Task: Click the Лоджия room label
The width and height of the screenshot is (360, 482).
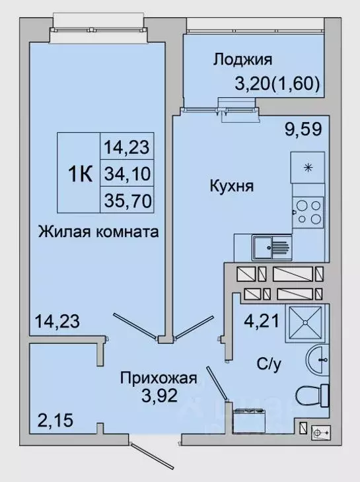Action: [x=242, y=60]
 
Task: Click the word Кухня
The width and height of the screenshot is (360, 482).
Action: [x=229, y=186]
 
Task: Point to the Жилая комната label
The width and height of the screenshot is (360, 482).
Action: [x=98, y=232]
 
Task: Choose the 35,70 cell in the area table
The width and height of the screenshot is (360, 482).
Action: [x=126, y=199]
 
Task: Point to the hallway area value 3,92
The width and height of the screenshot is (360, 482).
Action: [x=159, y=397]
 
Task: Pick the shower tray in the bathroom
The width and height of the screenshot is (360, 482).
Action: [x=306, y=323]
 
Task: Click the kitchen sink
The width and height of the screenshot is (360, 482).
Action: [x=270, y=248]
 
